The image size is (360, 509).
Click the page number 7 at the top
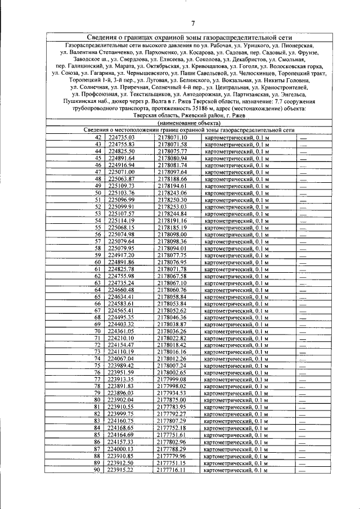tap(192, 23)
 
